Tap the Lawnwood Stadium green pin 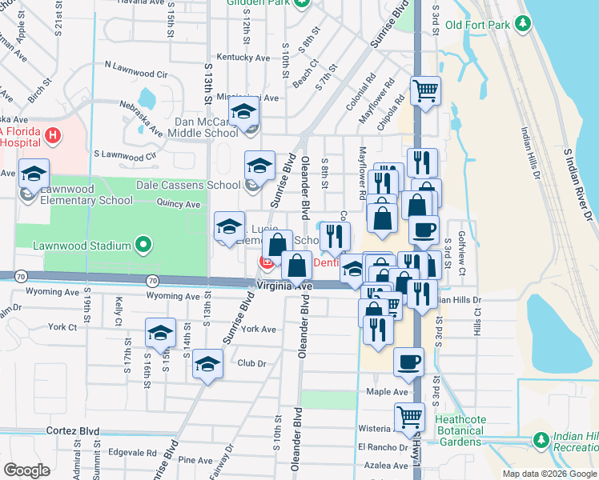click(143, 245)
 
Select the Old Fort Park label click(477, 25)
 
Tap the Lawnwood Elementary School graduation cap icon click(34, 174)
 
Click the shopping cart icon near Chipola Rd click(425, 90)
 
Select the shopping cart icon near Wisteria click(409, 416)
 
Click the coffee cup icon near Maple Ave click(408, 361)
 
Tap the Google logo click(26, 470)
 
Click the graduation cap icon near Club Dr click(208, 364)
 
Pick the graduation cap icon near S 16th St click(160, 330)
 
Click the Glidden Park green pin click(300, 2)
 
